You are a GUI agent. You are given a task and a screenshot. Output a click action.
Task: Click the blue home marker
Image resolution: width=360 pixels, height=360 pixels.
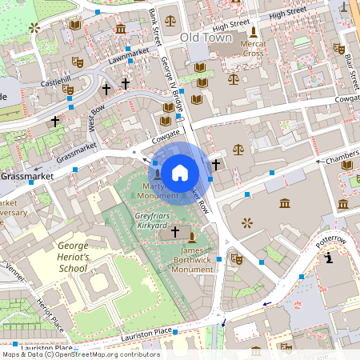pos(180,171)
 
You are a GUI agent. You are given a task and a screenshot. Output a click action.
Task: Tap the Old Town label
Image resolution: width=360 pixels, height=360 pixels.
pos(206,37)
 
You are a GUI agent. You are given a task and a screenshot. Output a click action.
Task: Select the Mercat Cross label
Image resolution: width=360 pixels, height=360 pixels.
pos(253,48)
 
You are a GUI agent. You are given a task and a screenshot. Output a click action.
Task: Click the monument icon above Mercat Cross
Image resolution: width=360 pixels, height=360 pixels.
pos(254,32)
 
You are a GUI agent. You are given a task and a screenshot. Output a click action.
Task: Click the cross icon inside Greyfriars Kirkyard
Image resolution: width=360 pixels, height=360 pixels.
pos(175,231)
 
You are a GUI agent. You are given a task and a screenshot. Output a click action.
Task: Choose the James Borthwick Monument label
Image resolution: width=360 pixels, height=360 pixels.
pos(193,260)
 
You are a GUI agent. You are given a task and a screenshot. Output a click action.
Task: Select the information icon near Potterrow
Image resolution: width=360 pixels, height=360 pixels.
pos(330,258)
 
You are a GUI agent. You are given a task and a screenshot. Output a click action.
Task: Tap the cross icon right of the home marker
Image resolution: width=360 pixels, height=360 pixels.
pos(216,165)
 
